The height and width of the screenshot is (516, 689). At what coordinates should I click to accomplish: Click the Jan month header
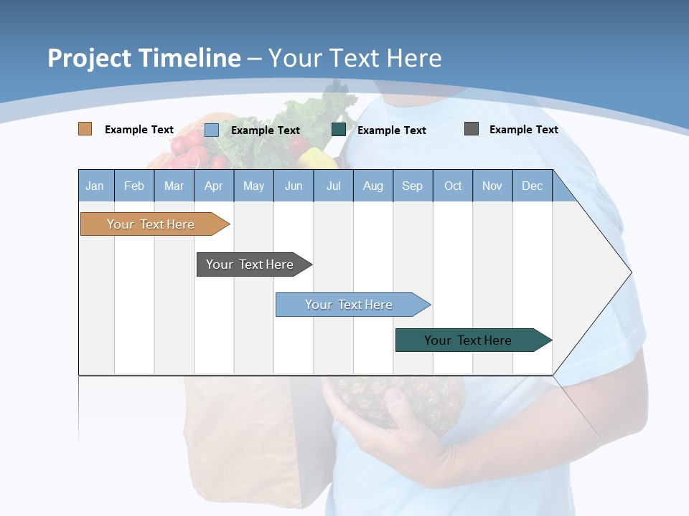point(95,186)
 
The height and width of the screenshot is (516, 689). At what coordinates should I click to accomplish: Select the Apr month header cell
point(213,186)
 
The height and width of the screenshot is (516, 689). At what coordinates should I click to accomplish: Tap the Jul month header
point(333,186)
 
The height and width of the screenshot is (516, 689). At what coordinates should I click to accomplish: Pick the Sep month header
point(412,186)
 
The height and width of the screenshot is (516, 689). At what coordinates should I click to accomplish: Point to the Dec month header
point(532,186)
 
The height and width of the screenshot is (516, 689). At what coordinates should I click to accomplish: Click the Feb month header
point(134,186)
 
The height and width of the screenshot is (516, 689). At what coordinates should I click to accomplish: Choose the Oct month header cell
point(453,186)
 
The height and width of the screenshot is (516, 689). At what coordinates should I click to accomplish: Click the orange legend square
point(85,129)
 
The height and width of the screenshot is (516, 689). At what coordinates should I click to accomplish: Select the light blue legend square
point(212,130)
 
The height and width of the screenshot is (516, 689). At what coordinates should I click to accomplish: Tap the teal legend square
point(339,129)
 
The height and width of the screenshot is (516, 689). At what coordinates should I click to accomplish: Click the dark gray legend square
point(472,129)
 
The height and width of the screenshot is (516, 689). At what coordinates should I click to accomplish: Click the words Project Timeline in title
point(144,58)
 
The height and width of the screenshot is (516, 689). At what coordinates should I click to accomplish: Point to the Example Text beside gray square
point(523,129)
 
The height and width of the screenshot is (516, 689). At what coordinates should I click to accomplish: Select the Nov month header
point(492,186)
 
